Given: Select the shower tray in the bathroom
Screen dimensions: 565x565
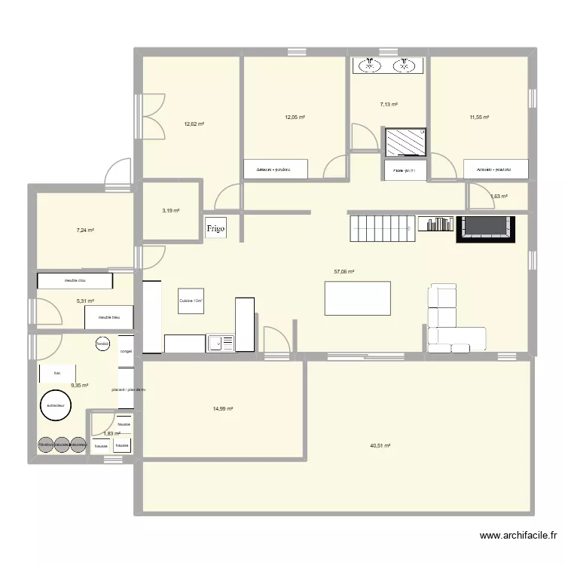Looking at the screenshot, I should tap(406, 141).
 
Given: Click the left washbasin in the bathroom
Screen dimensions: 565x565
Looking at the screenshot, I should tap(370, 66).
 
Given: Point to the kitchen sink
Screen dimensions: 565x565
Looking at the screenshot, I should tap(219, 344).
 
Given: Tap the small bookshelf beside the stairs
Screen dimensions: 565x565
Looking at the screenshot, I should tap(435, 224).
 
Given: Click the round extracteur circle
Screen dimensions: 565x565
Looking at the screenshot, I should tap(56, 405).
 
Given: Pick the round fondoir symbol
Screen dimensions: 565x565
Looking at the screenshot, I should tap(102, 344).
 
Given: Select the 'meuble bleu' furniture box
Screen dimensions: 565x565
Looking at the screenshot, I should tap(110, 317).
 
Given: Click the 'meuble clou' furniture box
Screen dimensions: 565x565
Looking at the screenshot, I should tap(75, 281).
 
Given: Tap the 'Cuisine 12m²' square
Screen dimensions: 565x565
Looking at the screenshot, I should tap(191, 301).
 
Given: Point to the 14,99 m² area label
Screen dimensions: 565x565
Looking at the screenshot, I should tap(222, 409).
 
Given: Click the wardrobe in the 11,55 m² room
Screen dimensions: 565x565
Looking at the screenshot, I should tap(496, 169).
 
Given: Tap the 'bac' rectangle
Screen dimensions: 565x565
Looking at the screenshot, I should tap(57, 373).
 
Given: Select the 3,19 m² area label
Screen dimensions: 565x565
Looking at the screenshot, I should tap(170, 211).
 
